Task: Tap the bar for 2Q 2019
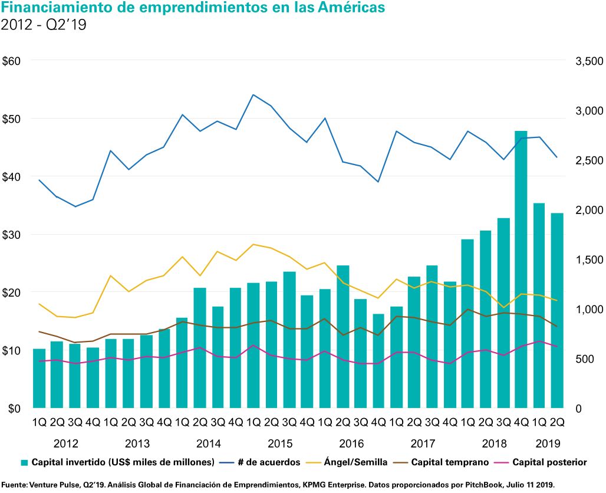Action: click(x=557, y=310)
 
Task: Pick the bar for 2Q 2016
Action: click(x=342, y=336)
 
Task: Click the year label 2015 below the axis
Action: click(x=280, y=443)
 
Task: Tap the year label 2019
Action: click(x=548, y=443)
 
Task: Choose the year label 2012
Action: click(x=65, y=443)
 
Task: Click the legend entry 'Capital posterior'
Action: click(x=549, y=462)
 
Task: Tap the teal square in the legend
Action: click(x=25, y=462)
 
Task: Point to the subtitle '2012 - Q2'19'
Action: click(x=45, y=25)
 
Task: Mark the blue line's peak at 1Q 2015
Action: click(x=253, y=94)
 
